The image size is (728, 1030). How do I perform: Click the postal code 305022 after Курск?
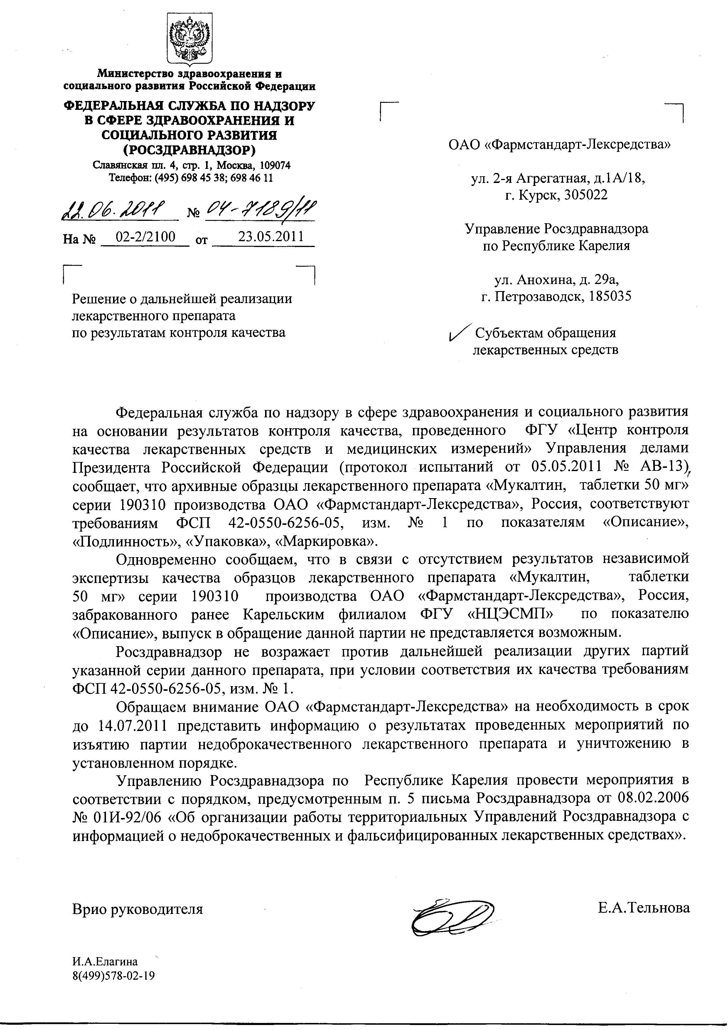pos(585,195)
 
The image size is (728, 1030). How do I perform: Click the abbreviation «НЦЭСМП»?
pos(510,614)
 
